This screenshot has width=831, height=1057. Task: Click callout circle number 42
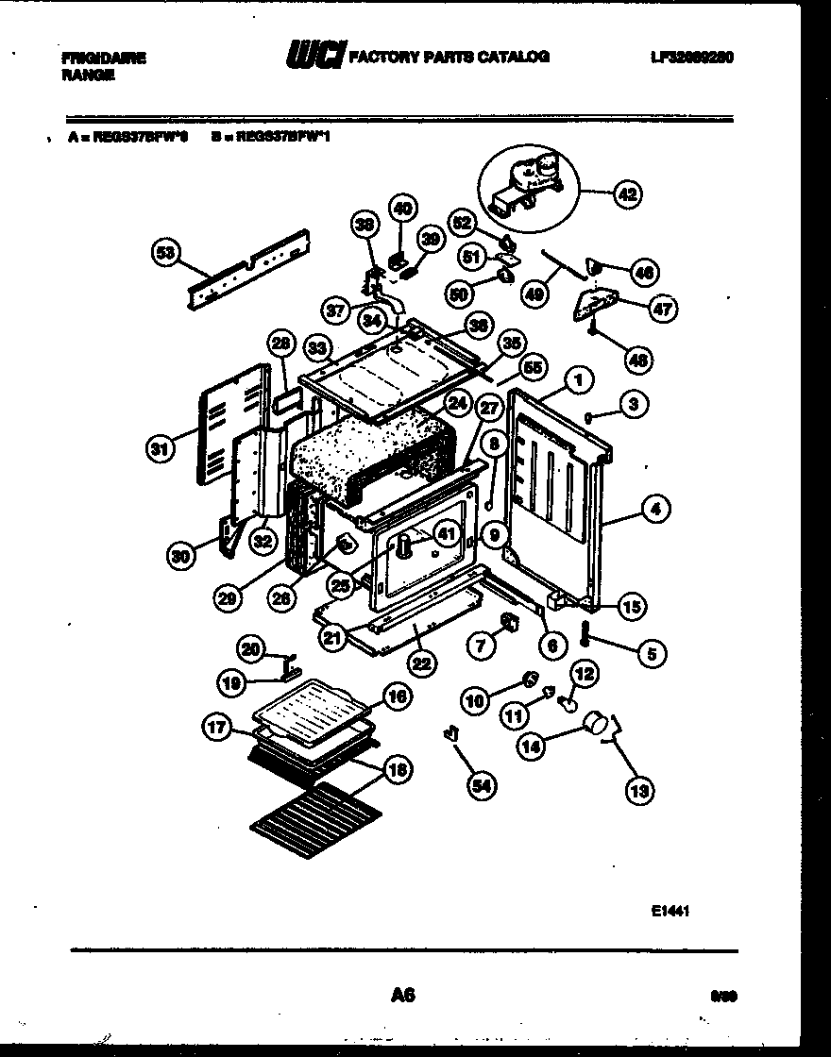coord(626,195)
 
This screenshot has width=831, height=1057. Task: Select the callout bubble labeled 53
coord(165,252)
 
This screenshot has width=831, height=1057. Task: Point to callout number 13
coord(639,791)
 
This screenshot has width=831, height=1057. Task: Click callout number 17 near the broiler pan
coord(218,727)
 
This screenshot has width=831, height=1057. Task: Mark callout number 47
coord(664,309)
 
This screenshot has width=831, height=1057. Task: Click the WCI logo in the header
coord(315,57)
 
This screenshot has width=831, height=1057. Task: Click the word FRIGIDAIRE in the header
coord(104,58)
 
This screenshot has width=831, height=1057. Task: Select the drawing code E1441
coord(670,912)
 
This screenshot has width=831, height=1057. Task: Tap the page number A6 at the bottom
coord(403,994)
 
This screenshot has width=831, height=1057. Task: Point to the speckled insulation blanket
coord(368,453)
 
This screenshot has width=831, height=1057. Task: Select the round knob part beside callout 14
coord(595,724)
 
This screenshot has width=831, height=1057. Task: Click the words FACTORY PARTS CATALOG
coord(449,57)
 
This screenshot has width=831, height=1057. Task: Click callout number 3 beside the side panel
coord(634,405)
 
